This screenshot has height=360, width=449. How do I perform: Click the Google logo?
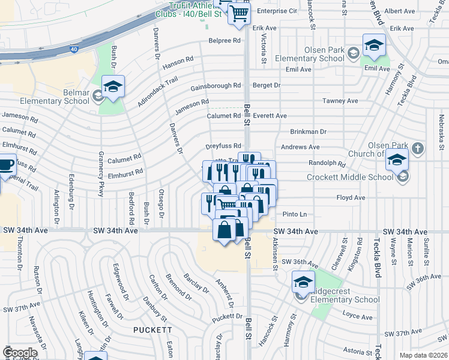click(x=20, y=353)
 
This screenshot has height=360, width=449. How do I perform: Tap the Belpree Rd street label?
click(x=224, y=41)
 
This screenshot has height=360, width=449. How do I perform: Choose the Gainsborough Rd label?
click(x=215, y=86)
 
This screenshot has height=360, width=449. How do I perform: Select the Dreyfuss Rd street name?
click(x=223, y=146)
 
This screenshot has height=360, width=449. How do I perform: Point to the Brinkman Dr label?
click(x=308, y=131)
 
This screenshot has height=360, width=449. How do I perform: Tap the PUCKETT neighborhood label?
click(x=153, y=330)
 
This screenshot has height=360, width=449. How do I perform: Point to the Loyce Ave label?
click(x=364, y=316)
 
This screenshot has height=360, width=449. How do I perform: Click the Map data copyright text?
click(x=423, y=355)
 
